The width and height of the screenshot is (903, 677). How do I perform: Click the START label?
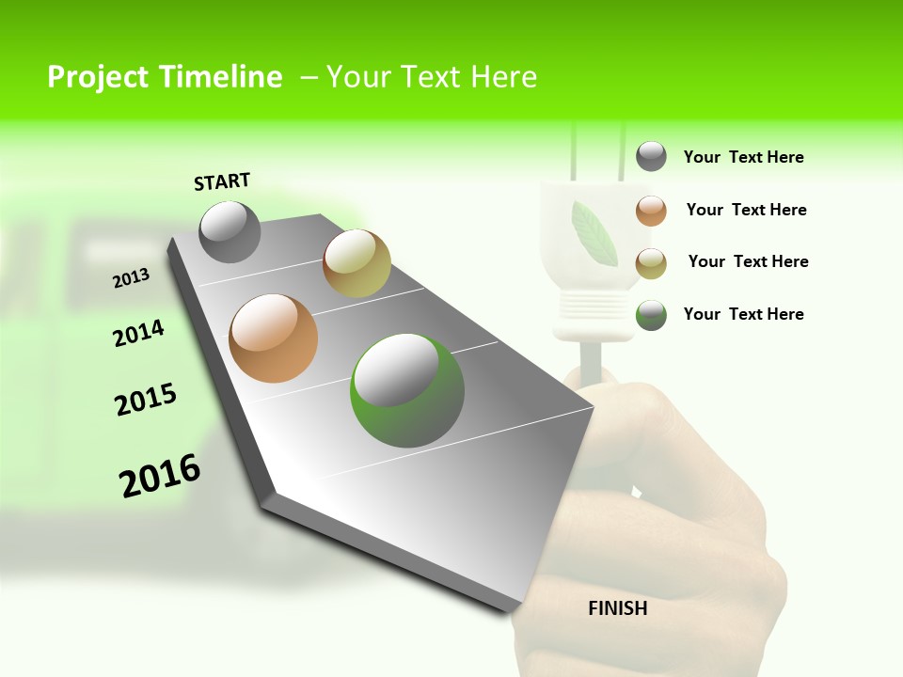(x=222, y=181)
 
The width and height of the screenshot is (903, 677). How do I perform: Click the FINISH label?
(x=617, y=608)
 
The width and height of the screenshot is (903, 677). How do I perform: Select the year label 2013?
(x=132, y=278)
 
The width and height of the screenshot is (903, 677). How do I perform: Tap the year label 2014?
(x=138, y=333)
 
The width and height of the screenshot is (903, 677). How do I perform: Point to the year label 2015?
(x=146, y=400)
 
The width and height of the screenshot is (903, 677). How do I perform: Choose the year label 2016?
(x=160, y=476)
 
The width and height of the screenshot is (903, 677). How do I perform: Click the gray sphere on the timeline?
(x=230, y=231)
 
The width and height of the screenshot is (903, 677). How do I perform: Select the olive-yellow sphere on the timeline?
(x=356, y=263)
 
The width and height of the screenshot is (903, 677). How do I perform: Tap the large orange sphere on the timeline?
(x=274, y=338)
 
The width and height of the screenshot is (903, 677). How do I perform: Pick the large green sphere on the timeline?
(x=407, y=390)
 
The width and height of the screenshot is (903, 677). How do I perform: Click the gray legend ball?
(x=651, y=156)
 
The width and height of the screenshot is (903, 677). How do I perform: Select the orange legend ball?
(x=651, y=211)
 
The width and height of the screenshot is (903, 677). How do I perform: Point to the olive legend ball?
(x=651, y=263)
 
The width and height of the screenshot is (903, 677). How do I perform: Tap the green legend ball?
(x=651, y=315)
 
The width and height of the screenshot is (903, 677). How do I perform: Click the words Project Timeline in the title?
(x=165, y=77)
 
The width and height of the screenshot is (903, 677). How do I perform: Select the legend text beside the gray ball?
(x=743, y=157)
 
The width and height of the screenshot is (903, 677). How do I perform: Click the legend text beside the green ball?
(x=743, y=314)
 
